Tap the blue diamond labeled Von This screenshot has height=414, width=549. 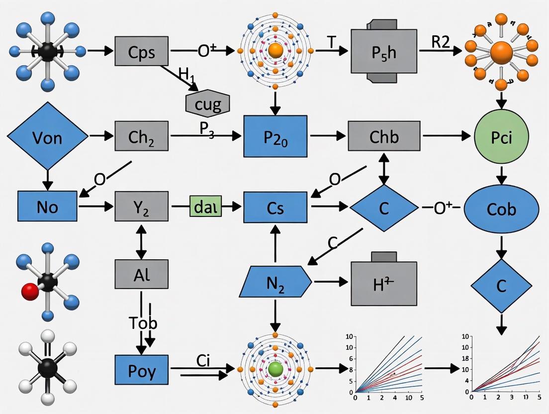[48, 136]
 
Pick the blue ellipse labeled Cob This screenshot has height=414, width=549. [501, 208]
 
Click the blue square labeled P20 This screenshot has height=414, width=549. [275, 136]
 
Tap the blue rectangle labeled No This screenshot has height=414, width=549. [48, 206]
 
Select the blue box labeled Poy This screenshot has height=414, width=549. [142, 371]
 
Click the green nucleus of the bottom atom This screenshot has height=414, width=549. [275, 369]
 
